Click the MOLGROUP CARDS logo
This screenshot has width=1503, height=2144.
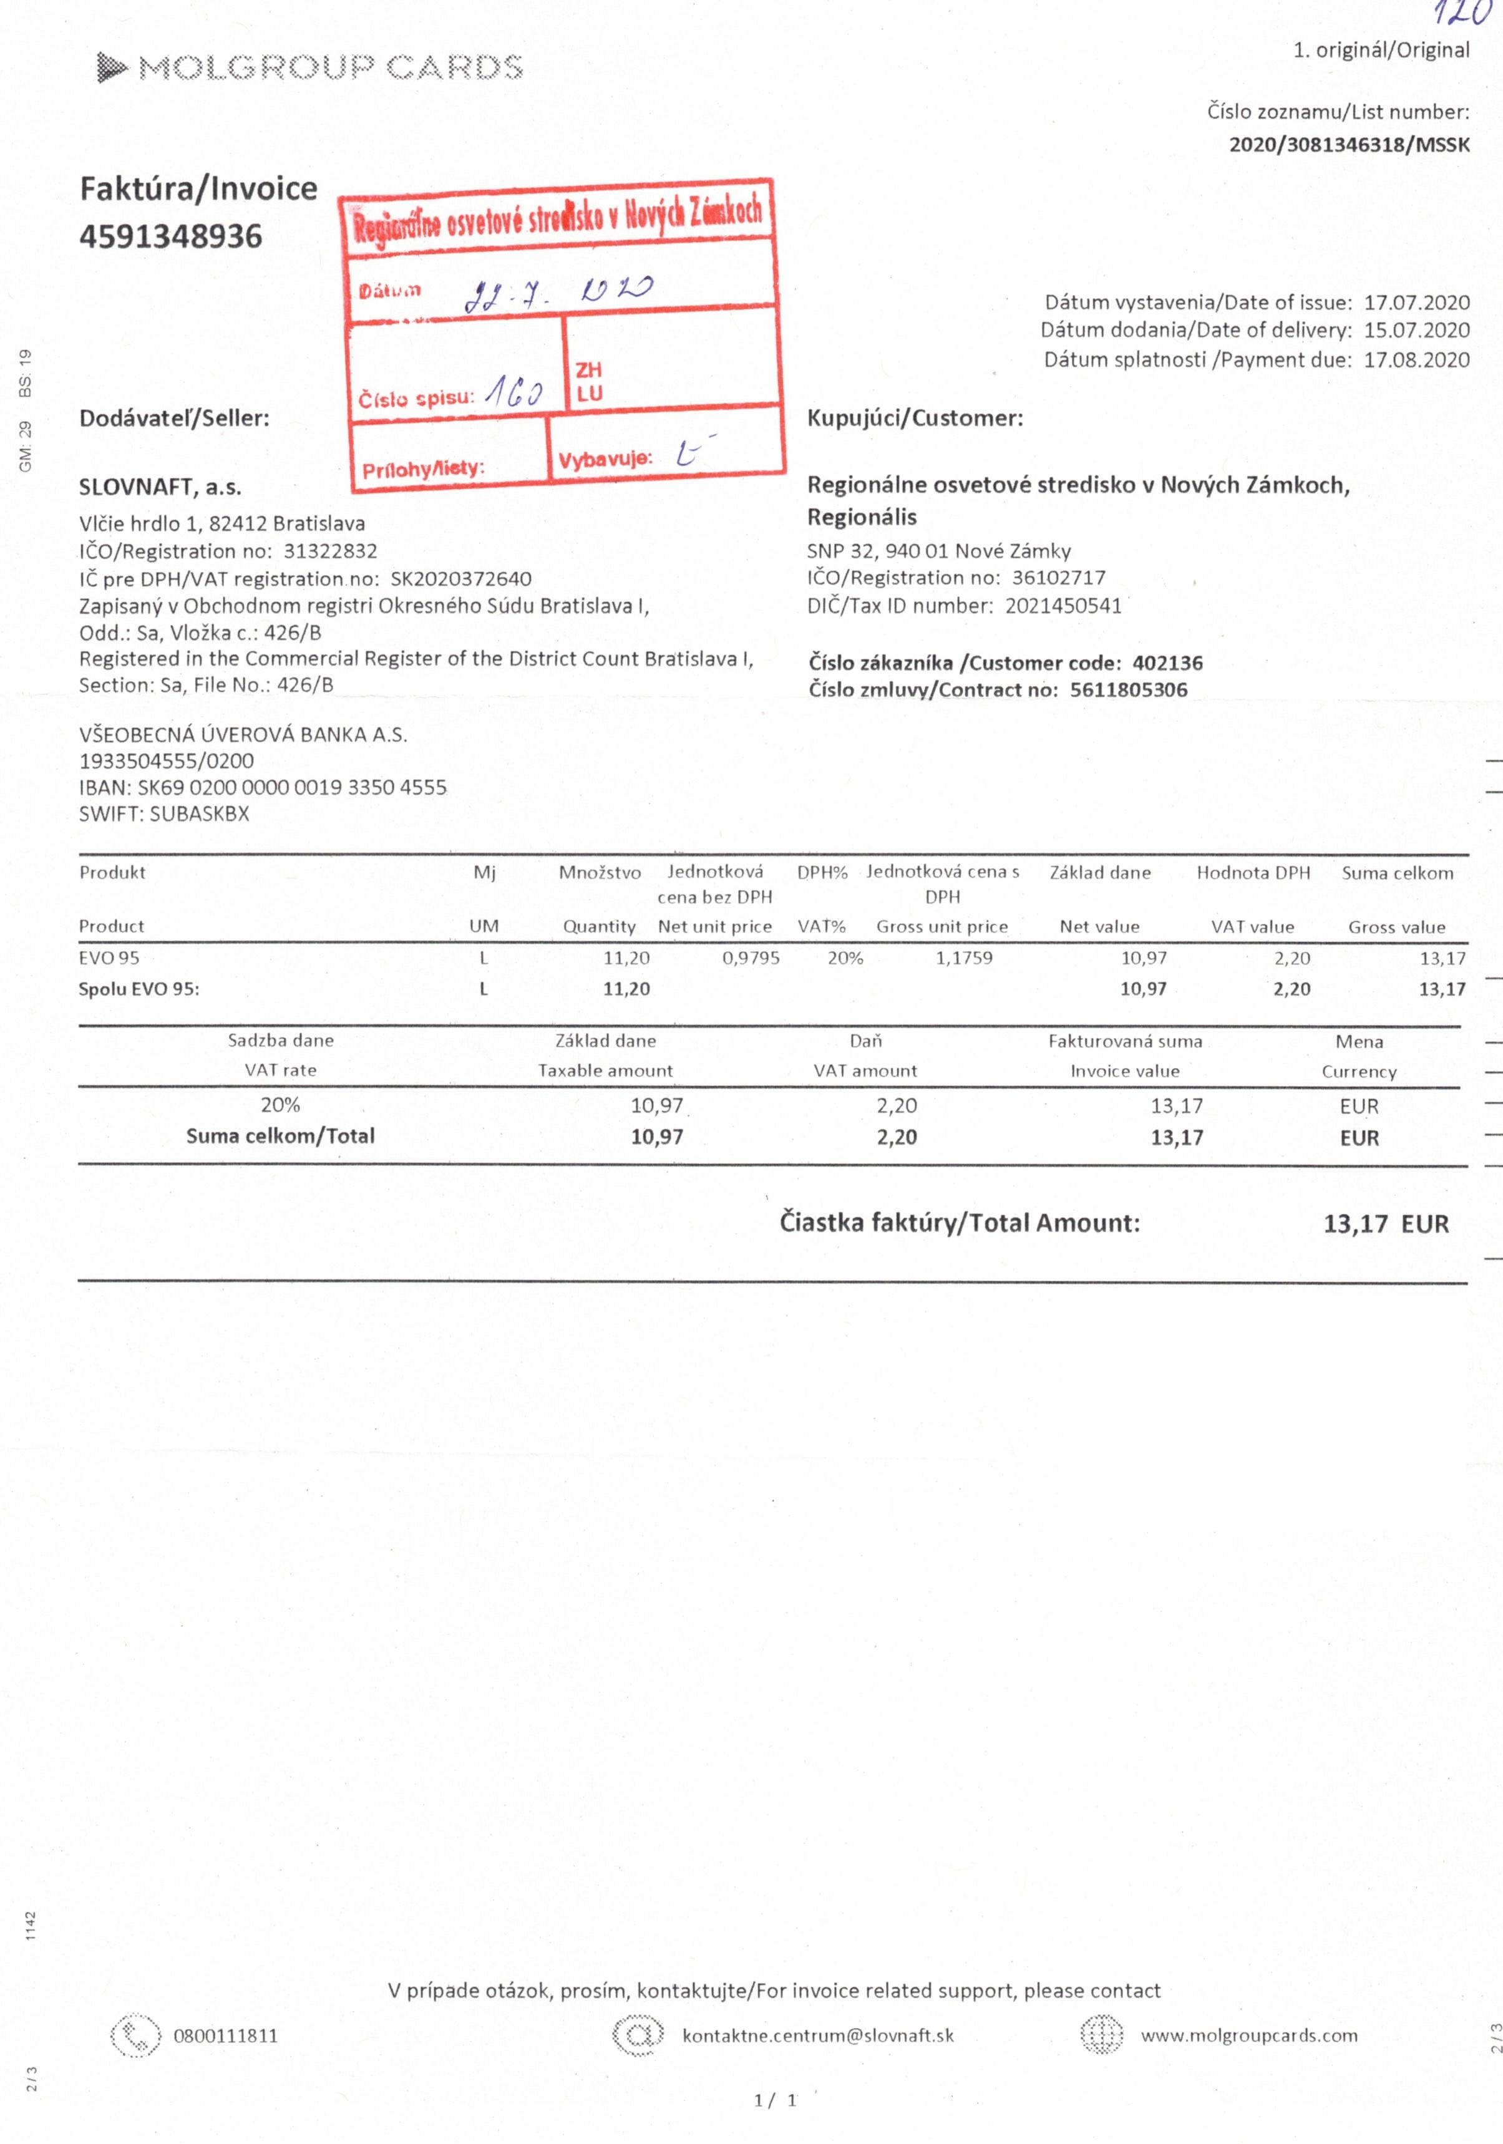point(309,67)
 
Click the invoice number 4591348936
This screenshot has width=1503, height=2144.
point(171,236)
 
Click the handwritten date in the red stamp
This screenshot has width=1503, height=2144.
point(558,293)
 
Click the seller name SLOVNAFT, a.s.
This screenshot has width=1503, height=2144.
point(160,487)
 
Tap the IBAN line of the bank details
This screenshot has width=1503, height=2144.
point(263,787)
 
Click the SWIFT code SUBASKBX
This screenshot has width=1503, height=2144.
point(199,813)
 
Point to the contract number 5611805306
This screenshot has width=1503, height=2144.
point(1129,690)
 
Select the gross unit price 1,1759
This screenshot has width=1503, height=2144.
point(964,958)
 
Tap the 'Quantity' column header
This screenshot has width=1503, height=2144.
point(599,926)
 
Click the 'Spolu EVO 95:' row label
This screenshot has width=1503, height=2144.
point(139,989)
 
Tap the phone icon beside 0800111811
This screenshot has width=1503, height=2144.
point(135,2035)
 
